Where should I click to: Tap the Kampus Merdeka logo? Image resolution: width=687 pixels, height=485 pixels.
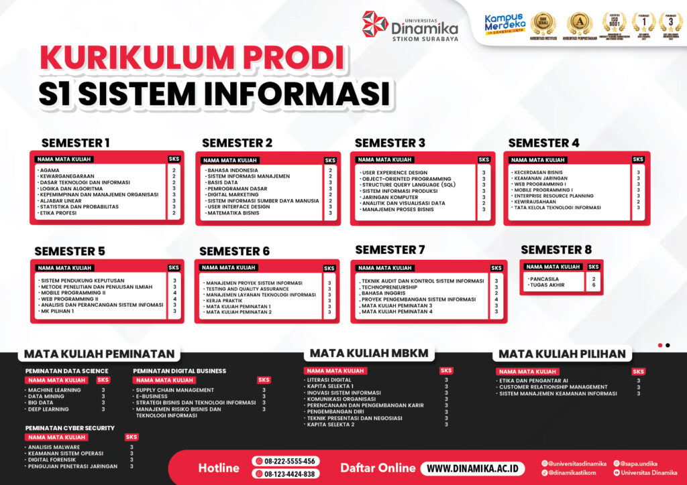point(504,24)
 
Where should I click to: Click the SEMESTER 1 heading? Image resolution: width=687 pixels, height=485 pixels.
point(76,143)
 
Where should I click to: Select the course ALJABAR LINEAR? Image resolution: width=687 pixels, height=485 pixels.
point(60,201)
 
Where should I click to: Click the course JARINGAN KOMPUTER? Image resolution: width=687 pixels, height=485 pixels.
point(390,197)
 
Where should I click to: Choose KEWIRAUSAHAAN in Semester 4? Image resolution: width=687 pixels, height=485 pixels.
point(535,202)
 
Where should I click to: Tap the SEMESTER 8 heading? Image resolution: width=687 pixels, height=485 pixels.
point(556,250)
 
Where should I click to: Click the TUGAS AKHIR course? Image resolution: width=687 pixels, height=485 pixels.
point(548,285)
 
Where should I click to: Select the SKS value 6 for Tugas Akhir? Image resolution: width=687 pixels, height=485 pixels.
point(594,285)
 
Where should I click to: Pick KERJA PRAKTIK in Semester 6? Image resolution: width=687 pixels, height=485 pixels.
point(225,301)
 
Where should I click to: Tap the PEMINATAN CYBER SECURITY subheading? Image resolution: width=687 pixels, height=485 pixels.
point(70,428)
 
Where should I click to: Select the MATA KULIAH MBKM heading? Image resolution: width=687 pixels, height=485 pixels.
point(368,353)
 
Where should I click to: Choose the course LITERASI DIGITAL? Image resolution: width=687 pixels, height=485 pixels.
point(329,380)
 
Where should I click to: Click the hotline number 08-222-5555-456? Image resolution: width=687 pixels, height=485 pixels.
point(286,462)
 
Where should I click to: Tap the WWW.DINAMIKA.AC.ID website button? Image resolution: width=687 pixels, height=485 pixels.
point(472,468)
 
